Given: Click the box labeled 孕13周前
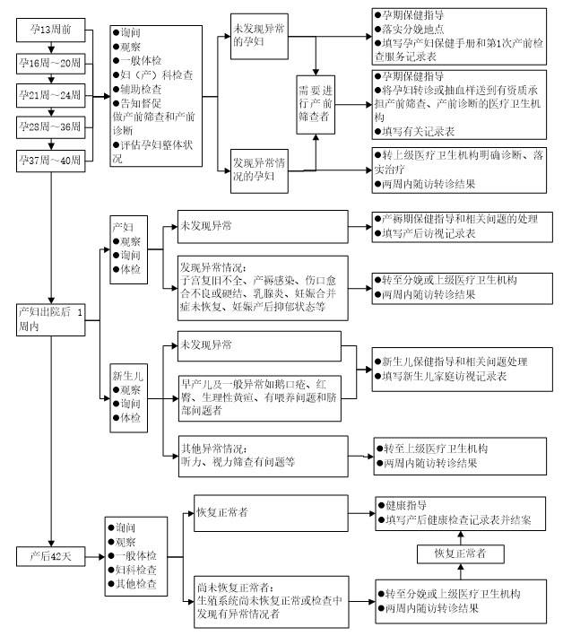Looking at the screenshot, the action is coord(51,30).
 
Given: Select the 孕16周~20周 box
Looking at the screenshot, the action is coord(51,64).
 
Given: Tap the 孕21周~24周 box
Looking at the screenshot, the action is coord(51,96).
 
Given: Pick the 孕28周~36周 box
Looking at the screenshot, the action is coord(51,127).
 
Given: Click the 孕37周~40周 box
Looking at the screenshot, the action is coord(51,161).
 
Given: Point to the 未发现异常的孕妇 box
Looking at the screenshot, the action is coord(259,37).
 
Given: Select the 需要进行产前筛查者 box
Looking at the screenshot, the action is coord(316,105).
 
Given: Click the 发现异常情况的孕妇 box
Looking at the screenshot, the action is coord(259,170).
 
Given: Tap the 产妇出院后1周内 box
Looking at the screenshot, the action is coord(51,319).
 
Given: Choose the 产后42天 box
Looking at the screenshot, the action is coord(51,556).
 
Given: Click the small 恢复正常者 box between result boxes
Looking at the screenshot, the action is coord(461,553).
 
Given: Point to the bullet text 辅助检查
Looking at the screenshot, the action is coord(137,89).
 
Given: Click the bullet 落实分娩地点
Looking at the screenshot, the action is coord(410,30).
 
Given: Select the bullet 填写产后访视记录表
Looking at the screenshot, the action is coord(425,233).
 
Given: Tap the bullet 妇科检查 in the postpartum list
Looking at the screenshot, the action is coord(132,570).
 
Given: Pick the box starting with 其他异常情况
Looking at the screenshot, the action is coord(263,457).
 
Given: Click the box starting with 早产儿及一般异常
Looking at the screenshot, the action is coord(259,398).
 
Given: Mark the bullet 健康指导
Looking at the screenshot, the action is coord(403,505).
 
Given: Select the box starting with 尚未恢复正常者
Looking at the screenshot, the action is coord(271,602).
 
